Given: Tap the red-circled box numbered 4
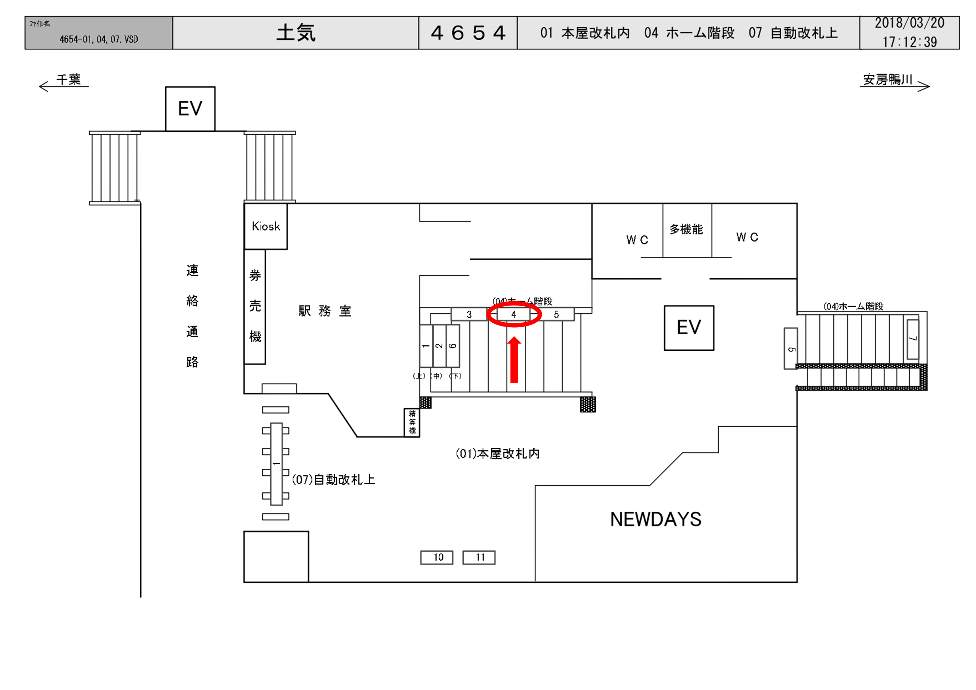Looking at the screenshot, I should click(513, 314).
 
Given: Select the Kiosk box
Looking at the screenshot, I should click(266, 226).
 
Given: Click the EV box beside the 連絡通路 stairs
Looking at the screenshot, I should click(190, 109).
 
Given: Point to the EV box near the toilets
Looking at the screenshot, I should click(689, 328).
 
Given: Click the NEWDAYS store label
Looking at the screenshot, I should click(656, 519).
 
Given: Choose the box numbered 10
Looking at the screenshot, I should click(437, 557).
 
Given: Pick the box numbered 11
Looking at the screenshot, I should click(479, 557).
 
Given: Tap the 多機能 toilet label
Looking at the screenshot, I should click(686, 230).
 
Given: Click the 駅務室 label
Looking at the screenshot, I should click(325, 311).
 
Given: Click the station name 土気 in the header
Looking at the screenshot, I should click(296, 33).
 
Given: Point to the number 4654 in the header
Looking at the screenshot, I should click(468, 33).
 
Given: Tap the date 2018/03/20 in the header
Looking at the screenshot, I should click(909, 23).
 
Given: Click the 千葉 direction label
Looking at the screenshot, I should click(68, 80).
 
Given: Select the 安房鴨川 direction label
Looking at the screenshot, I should click(887, 80).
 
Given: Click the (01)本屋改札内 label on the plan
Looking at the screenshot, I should click(497, 454).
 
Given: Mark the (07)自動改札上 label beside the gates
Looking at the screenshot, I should click(333, 480).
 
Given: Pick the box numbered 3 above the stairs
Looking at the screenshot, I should click(469, 314).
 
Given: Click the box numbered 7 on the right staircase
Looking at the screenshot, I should click(913, 339).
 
